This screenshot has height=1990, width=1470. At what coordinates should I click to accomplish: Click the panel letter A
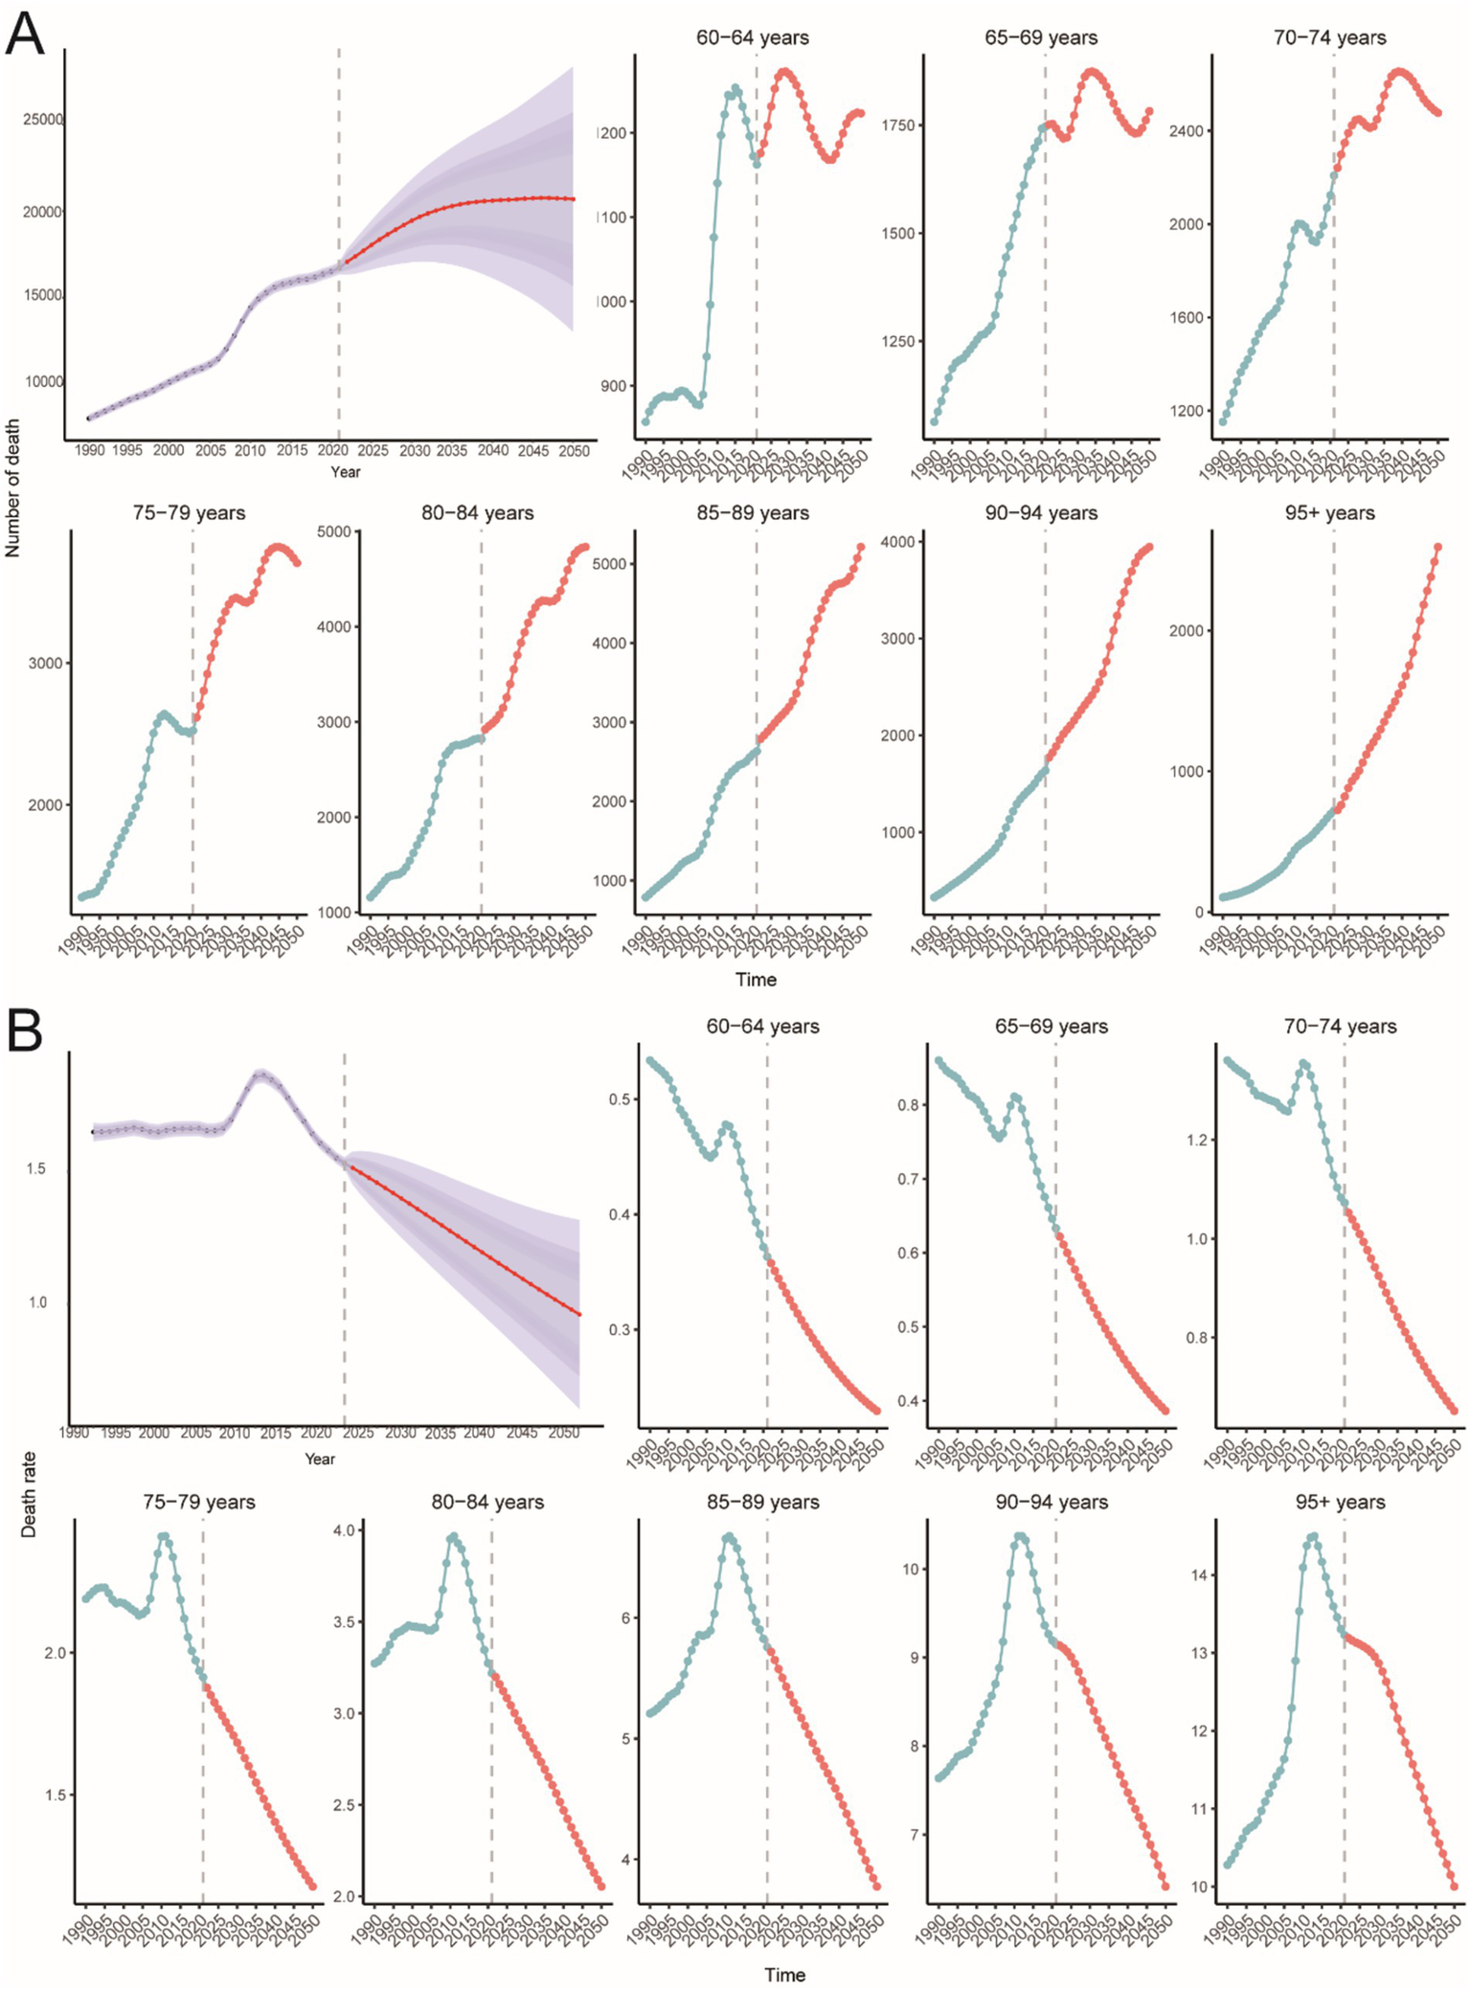pyautogui.click(x=25, y=34)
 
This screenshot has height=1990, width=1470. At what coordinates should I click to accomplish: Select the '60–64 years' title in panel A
pyautogui.click(x=752, y=38)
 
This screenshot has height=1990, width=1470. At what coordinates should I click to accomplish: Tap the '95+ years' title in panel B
pyautogui.click(x=1340, y=1502)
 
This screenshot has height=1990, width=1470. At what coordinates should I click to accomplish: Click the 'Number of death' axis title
pyautogui.click(x=12, y=487)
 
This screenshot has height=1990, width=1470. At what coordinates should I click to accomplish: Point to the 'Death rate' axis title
pyautogui.click(x=29, y=1494)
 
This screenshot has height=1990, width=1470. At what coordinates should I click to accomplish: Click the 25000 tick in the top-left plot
pyautogui.click(x=43, y=120)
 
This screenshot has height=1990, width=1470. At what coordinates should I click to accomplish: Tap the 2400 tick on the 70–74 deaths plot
pyautogui.click(x=1187, y=131)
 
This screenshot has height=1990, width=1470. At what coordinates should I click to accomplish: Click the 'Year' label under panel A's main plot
pyautogui.click(x=346, y=471)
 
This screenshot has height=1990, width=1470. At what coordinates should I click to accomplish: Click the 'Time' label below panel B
pyautogui.click(x=784, y=1975)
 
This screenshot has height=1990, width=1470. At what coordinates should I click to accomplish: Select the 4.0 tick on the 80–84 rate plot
pyautogui.click(x=344, y=1530)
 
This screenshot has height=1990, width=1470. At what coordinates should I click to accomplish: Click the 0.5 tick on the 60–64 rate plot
pyautogui.click(x=620, y=1098)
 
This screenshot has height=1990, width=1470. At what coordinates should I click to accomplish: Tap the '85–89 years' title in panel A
pyautogui.click(x=752, y=513)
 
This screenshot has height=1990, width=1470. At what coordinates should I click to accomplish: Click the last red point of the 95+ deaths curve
pyautogui.click(x=1437, y=548)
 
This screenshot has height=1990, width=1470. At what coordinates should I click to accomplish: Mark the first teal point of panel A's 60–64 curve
pyautogui.click(x=645, y=421)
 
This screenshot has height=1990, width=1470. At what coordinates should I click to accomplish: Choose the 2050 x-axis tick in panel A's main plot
pyautogui.click(x=574, y=451)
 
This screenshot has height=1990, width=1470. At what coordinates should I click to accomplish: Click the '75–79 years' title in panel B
pyautogui.click(x=198, y=1502)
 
